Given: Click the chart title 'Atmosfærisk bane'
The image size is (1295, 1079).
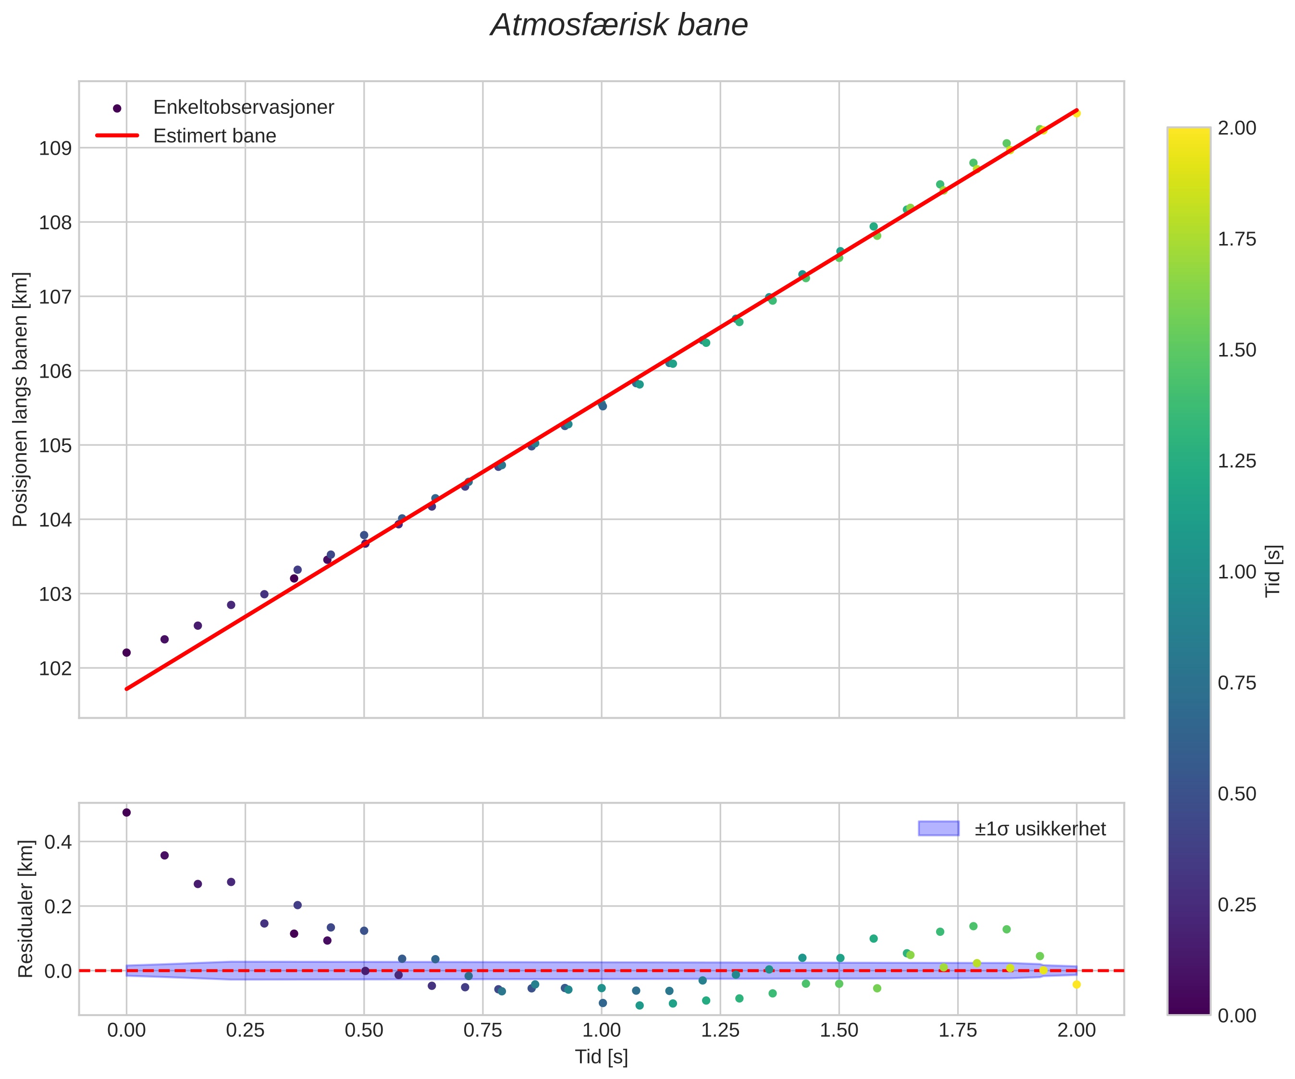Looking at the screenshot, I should tap(618, 26).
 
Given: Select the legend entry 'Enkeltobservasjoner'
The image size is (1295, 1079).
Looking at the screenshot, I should tap(243, 107).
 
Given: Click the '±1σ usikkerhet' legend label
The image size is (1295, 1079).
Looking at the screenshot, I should tap(1040, 829).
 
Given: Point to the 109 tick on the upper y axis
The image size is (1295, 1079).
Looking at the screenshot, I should tap(56, 148).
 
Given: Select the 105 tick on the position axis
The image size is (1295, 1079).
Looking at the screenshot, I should tap(56, 446).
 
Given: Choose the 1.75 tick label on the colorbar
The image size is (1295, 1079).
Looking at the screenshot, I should tap(1236, 239).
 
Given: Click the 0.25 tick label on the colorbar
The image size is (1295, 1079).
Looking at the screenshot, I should tap(1236, 905).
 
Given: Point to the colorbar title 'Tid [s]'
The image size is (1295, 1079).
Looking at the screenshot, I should tap(1273, 571).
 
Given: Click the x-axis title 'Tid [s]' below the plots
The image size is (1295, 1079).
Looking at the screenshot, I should tap(601, 1057).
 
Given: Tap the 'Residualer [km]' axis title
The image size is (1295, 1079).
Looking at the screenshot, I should tap(25, 909).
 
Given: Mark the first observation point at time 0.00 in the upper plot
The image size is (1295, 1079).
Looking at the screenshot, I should tap(126, 652).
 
